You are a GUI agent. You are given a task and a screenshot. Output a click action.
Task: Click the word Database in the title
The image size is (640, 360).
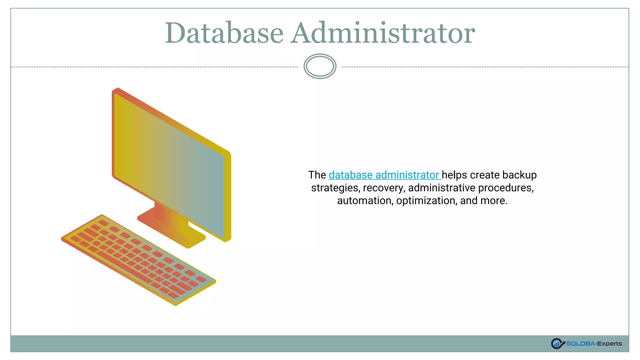(x=224, y=33)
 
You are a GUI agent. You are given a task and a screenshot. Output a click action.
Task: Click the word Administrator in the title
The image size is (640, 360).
(x=383, y=33)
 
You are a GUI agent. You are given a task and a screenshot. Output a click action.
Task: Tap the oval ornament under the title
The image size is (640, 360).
(x=320, y=66)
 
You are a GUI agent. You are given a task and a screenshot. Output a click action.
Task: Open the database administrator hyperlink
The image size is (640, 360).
(x=384, y=175)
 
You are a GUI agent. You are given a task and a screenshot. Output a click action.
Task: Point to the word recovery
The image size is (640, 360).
(x=384, y=188)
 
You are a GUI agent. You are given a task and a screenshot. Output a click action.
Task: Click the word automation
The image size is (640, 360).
(x=364, y=201)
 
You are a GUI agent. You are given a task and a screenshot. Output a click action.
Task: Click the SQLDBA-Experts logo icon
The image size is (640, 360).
(x=557, y=343)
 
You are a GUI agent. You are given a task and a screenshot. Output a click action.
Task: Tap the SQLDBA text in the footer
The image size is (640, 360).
(x=580, y=344)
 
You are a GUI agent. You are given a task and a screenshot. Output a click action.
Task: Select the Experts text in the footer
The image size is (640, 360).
(x=609, y=344)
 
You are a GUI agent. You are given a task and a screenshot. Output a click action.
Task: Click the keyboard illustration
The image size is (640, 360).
(x=137, y=259)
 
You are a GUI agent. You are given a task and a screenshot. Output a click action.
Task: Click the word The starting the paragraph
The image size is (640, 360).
(x=317, y=175)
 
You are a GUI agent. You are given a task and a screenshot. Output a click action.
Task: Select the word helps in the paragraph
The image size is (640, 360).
(x=454, y=175)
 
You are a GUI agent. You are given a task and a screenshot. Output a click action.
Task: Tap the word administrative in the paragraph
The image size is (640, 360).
(x=442, y=188)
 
